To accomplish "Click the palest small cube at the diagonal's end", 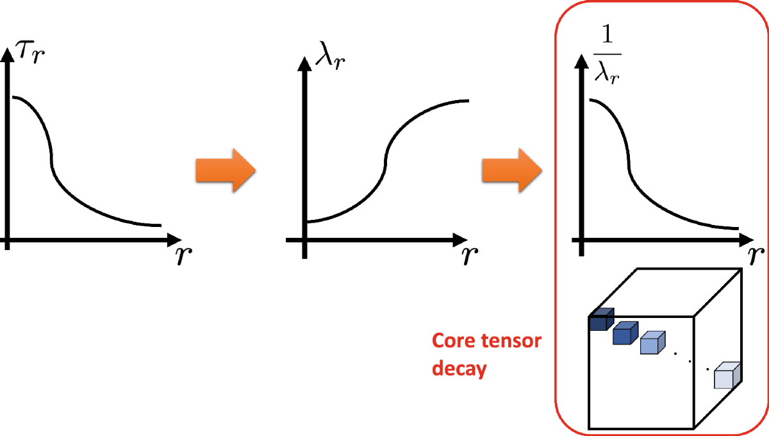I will pos(727,375).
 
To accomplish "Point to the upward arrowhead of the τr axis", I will pos(8,54).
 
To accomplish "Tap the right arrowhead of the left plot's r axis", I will pos(174,240).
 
